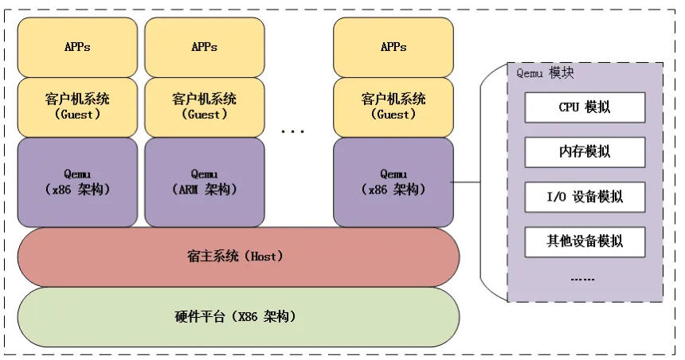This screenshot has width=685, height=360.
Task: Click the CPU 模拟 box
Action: [x=585, y=108]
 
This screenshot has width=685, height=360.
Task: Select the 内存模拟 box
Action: [x=585, y=152]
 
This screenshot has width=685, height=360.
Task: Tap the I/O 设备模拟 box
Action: [x=585, y=197]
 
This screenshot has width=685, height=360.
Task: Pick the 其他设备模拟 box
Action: [x=585, y=241]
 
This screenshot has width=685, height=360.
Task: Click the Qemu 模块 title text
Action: [x=545, y=73]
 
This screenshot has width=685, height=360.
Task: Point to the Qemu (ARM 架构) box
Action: [x=205, y=182]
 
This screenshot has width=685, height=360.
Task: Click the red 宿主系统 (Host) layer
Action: [x=238, y=256]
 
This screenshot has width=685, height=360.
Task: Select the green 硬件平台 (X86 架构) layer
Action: [x=238, y=317]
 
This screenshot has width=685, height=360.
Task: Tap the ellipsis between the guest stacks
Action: [x=292, y=131]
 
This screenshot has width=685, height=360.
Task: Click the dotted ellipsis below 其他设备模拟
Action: [x=582, y=280]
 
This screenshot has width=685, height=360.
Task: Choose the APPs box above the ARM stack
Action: [x=205, y=47]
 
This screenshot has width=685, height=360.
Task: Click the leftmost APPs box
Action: [x=77, y=47]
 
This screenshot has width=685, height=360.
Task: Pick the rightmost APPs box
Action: [x=393, y=47]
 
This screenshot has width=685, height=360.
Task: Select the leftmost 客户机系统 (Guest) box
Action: [x=77, y=108]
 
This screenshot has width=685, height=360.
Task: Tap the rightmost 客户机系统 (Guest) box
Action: [x=393, y=108]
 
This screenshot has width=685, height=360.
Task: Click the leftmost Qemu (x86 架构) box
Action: [x=77, y=182]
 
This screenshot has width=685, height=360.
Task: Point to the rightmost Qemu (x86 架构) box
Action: [x=393, y=182]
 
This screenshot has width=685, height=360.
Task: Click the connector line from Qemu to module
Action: [x=466, y=182]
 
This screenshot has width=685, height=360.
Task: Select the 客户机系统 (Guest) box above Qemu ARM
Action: [x=205, y=108]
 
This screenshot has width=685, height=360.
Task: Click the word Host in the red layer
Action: [x=264, y=256]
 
